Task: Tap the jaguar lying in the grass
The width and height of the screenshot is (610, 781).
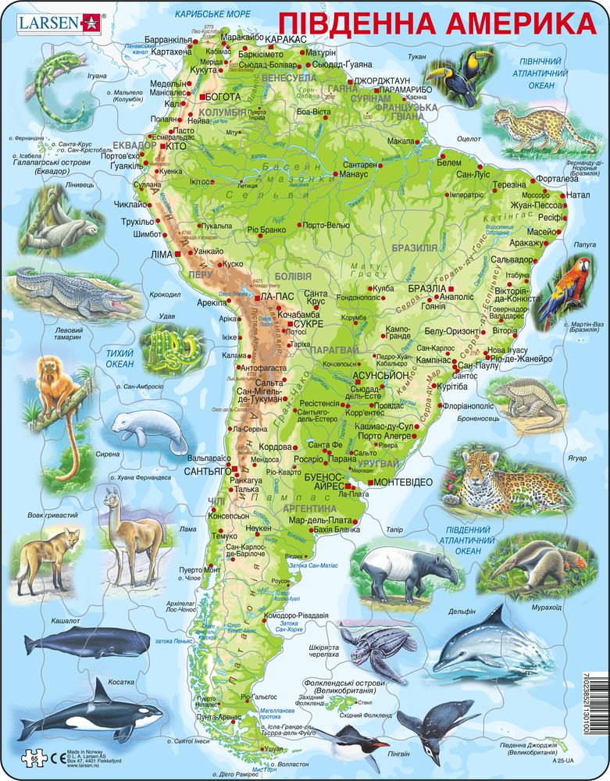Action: (508, 478)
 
